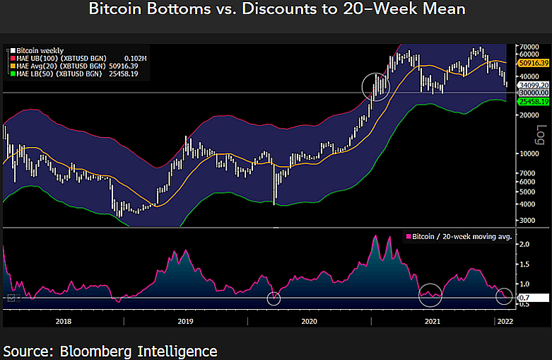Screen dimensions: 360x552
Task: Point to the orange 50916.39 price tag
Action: coord(534,63)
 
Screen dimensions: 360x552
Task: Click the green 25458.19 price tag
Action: coord(534,102)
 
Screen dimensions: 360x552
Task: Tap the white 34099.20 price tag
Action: coord(534,85)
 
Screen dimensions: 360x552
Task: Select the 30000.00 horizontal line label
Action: coord(534,93)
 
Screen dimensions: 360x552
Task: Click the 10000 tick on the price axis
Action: coord(528,153)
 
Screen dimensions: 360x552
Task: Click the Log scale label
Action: coord(541,133)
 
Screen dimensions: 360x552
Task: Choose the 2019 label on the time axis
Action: coord(185,321)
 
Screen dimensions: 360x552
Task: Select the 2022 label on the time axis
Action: coord(503,321)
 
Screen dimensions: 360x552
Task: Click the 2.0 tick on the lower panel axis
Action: coord(524,244)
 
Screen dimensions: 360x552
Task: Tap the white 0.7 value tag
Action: coord(524,298)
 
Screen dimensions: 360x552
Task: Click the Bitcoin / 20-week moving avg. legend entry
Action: coord(459,236)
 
